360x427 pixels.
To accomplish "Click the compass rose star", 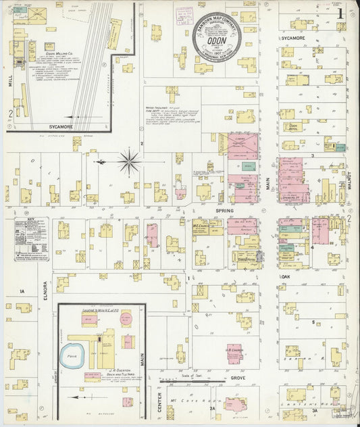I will coord(129,162).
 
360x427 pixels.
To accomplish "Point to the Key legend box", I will coord(31,238).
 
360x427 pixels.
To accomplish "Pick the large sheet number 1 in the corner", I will coord(341,11).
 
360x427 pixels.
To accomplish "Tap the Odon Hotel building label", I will coord(293,126).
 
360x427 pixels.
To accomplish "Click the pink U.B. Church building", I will coord(234,353).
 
